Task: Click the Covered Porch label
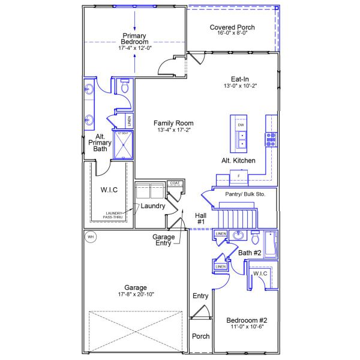click(232, 27)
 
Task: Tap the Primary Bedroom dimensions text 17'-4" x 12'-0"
click(135, 48)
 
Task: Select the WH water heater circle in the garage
click(91, 236)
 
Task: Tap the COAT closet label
click(175, 183)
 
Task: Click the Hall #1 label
click(201, 219)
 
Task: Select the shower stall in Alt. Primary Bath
click(124, 143)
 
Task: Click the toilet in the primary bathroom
click(125, 87)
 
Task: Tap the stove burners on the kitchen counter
click(271, 139)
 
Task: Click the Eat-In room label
click(240, 79)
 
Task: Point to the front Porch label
click(200, 336)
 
